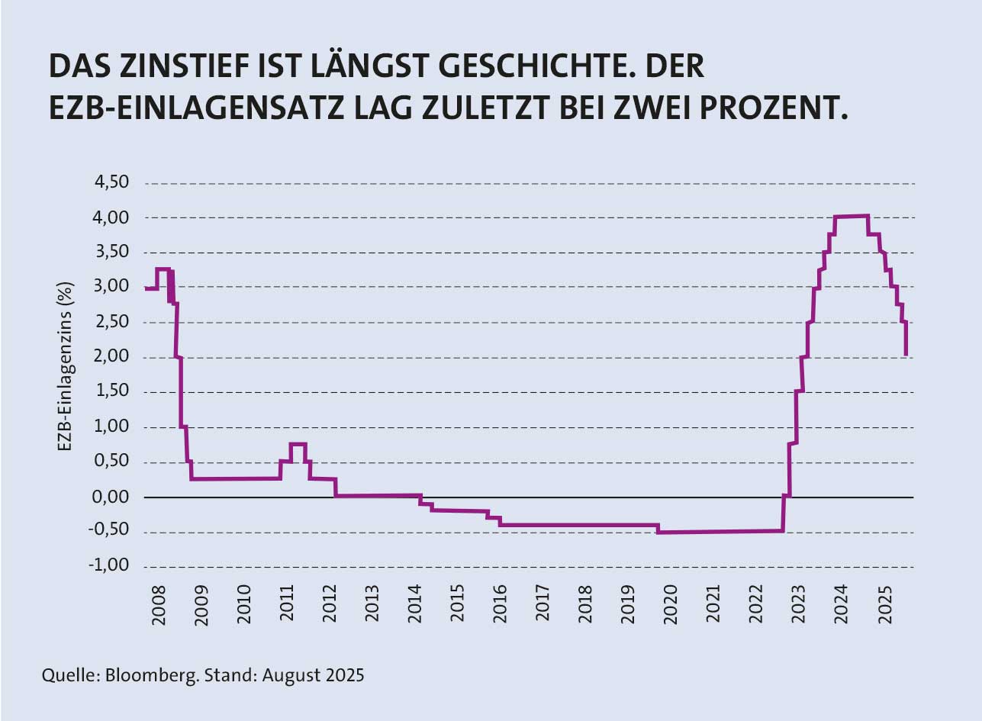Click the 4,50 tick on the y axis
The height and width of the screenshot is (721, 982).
pos(112,183)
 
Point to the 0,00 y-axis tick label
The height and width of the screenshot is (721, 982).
pos(112,497)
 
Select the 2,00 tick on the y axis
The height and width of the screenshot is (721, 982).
pos(112,358)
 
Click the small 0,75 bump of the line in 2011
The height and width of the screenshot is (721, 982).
pos(298,444)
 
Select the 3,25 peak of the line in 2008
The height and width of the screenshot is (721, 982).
pos(163,269)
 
